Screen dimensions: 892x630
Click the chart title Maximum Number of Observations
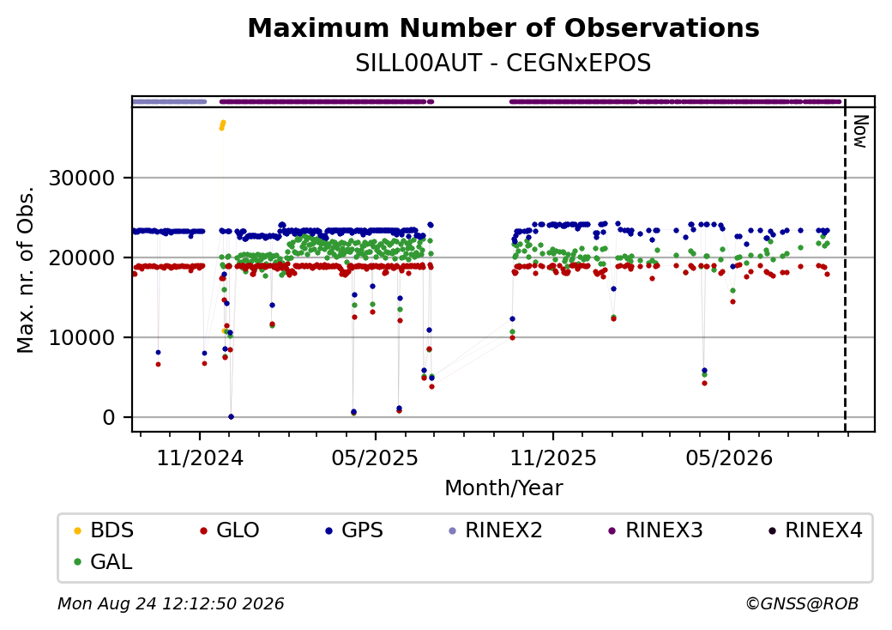[x=503, y=27]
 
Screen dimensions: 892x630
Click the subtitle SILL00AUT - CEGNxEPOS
[x=503, y=64]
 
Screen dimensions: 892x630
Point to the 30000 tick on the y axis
[x=82, y=179]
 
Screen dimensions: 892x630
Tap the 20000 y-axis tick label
[x=82, y=257]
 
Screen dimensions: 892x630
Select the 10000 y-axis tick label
[x=82, y=337]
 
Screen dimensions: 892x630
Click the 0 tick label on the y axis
[x=109, y=418]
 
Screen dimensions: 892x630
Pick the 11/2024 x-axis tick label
[x=200, y=458]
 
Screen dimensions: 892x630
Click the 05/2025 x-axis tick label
[x=375, y=458]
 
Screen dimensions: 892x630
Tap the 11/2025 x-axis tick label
[x=553, y=458]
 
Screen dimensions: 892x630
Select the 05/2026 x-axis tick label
[x=729, y=458]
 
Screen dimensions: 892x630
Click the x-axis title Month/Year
[x=503, y=488]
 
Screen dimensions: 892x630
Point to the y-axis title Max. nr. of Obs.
[x=26, y=270]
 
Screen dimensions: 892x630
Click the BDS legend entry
[x=104, y=530]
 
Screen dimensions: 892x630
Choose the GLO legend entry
[x=230, y=530]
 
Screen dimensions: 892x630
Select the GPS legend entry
[x=354, y=530]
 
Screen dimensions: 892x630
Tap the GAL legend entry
[x=104, y=561]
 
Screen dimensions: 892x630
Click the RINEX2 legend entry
[x=496, y=530]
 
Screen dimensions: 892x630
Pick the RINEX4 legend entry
[x=815, y=530]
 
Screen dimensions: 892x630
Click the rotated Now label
[x=860, y=131]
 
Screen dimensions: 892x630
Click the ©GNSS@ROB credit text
[x=802, y=603]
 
